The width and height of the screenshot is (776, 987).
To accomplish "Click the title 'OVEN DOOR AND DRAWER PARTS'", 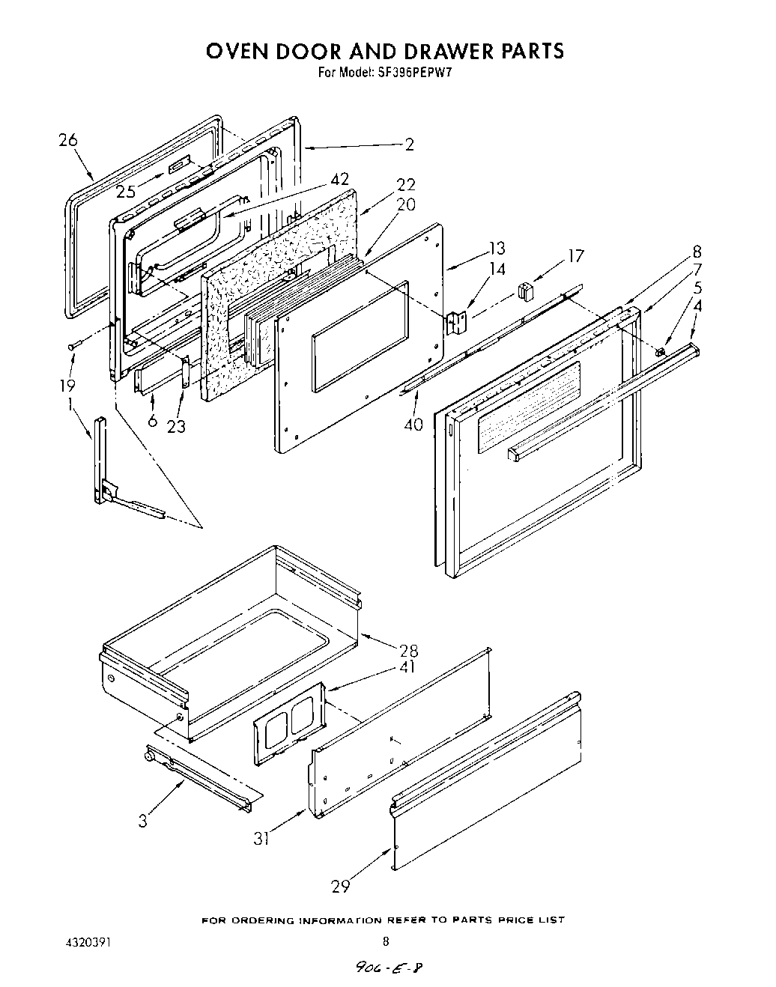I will (384, 51).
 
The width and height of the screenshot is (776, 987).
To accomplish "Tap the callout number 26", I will (68, 140).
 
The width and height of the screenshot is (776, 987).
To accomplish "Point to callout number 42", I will (339, 179).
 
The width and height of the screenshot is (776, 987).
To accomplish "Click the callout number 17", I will (575, 256).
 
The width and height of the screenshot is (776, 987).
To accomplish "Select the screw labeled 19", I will (72, 345).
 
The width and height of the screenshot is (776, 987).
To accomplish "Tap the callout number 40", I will (413, 425).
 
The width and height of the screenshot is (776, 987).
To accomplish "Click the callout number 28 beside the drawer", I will (409, 650).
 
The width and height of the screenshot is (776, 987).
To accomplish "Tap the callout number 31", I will (261, 839).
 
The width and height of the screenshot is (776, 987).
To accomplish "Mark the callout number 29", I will (341, 886).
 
